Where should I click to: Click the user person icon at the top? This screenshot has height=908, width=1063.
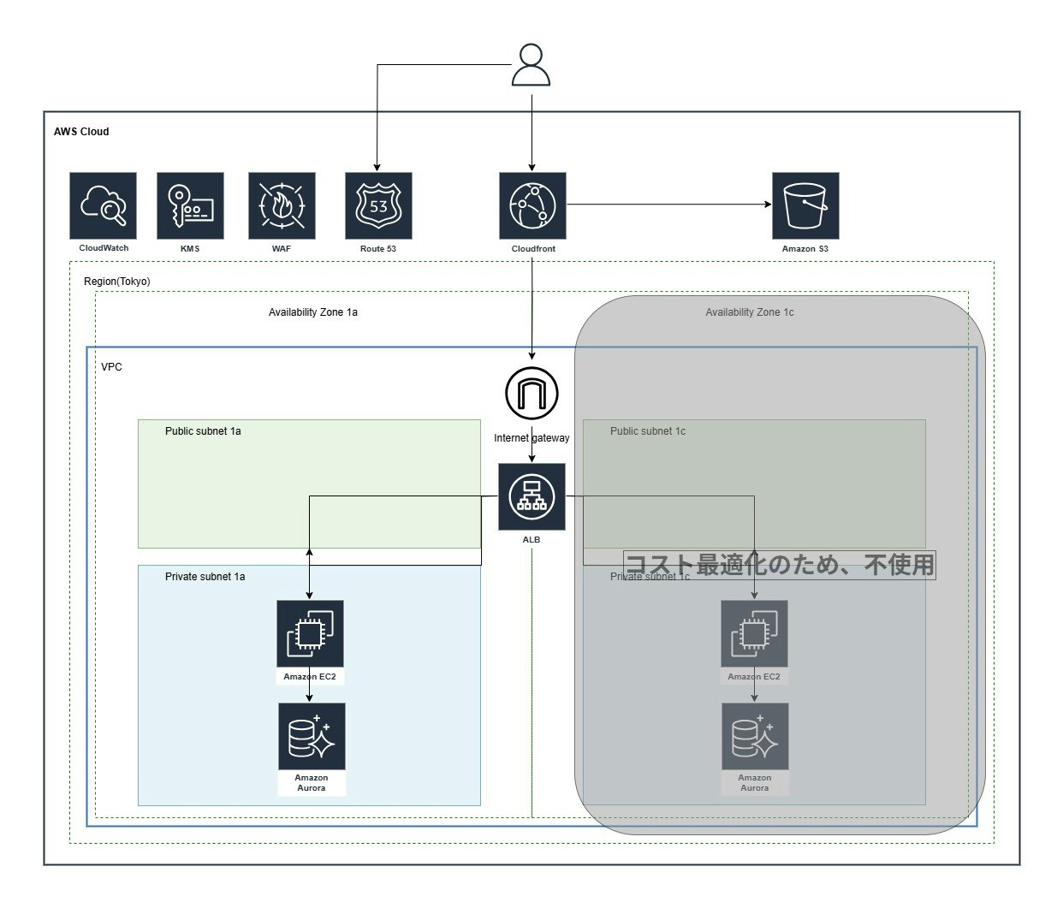click(x=531, y=65)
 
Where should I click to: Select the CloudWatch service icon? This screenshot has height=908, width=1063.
click(x=103, y=205)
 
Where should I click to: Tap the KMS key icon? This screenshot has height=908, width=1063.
click(x=190, y=205)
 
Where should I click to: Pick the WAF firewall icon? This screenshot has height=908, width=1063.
click(x=282, y=205)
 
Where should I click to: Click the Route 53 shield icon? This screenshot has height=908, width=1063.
click(x=378, y=205)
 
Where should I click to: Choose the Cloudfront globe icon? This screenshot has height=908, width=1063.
click(x=533, y=205)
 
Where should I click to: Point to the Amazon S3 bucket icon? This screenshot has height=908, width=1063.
click(x=805, y=205)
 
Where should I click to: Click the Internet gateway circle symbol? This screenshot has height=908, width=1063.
click(x=531, y=394)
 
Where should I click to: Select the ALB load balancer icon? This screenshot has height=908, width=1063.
click(x=531, y=496)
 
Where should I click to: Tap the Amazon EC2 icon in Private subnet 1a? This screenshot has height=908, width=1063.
click(x=310, y=633)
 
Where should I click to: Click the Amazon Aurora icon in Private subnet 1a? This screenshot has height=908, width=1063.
click(x=312, y=736)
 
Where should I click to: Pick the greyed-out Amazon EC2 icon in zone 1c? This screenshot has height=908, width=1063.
click(x=754, y=633)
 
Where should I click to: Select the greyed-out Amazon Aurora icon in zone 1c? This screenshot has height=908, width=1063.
click(x=755, y=736)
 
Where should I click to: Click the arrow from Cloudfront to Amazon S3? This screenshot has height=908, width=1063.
click(x=669, y=205)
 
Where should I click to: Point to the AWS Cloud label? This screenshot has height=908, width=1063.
click(x=81, y=132)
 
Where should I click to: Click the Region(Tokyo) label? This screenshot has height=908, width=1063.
click(x=117, y=282)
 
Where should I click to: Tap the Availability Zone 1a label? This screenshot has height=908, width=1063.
click(x=312, y=312)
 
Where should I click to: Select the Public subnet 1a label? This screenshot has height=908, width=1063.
click(x=203, y=430)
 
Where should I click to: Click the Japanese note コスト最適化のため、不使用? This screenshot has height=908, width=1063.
click(x=780, y=565)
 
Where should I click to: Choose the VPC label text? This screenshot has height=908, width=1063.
click(x=111, y=366)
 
